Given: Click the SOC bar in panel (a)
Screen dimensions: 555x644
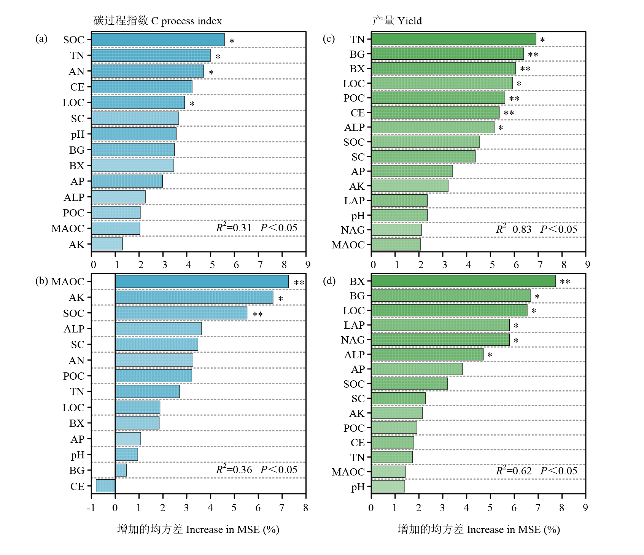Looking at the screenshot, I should [158, 40].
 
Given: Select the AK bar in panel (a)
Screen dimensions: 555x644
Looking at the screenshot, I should [107, 244].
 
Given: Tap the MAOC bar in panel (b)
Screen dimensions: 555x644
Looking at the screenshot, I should [202, 281].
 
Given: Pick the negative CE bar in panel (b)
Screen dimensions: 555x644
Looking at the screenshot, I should [105, 486].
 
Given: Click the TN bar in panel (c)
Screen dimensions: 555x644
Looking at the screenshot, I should [453, 39].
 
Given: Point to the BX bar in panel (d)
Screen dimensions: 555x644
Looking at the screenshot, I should [463, 281].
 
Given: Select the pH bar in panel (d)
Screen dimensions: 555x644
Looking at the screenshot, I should [388, 486].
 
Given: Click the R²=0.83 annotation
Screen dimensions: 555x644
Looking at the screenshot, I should [514, 229].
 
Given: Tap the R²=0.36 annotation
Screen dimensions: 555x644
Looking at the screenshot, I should [234, 470].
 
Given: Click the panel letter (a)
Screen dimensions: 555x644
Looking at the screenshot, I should [41, 39].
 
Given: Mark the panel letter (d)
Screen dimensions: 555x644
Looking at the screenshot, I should [329, 281].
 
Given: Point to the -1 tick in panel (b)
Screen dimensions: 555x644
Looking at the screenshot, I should [91, 508].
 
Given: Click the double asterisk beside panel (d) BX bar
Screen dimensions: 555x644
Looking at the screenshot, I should [565, 282].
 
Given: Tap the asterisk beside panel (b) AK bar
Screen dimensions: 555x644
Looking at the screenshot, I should [280, 299].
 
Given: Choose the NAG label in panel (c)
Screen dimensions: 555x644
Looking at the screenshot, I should [353, 230].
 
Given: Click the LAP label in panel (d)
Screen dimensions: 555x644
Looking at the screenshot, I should [354, 325].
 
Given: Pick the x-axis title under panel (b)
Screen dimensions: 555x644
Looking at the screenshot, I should [198, 529].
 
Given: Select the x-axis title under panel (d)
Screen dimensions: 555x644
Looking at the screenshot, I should [479, 529].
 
